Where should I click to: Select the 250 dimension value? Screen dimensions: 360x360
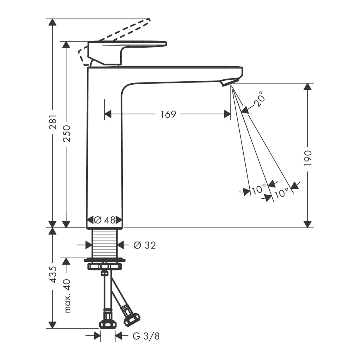[x=67, y=134]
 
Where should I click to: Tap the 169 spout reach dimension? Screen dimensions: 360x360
[x=168, y=114]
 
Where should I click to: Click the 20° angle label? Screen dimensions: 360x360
[x=260, y=99]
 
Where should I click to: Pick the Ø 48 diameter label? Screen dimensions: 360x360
[x=104, y=220]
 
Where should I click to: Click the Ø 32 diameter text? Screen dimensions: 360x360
[x=145, y=245]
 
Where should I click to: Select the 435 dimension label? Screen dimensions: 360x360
[x=53, y=274]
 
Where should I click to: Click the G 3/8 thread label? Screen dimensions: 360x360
[x=146, y=342]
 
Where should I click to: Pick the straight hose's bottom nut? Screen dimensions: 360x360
[x=108, y=328]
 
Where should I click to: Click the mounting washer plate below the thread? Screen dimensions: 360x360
[x=105, y=259]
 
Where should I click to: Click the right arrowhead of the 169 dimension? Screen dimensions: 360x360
[x=227, y=114]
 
